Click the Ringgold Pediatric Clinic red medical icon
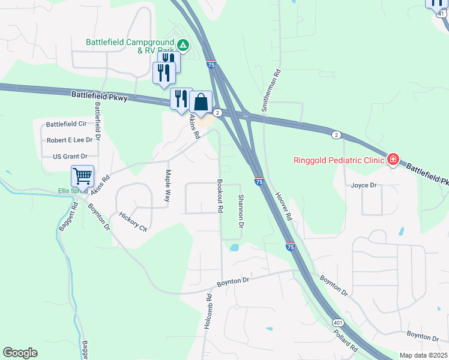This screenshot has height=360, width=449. pyautogui.click(x=393, y=159)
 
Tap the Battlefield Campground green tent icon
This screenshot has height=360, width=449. pyautogui.click(x=183, y=44)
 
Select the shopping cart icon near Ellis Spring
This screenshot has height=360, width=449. pyautogui.click(x=82, y=176)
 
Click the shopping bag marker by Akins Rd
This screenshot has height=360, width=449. pyautogui.click(x=202, y=103)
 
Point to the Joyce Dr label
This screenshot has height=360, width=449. pyautogui.click(x=364, y=185)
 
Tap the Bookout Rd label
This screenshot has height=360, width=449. pyautogui.click(x=220, y=197)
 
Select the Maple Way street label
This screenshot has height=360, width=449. pyautogui.click(x=169, y=187)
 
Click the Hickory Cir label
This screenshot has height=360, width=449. pyautogui.click(x=133, y=222)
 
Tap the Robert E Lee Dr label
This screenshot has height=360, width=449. pyautogui.click(x=70, y=140)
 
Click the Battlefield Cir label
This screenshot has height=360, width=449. pyautogui.click(x=67, y=124)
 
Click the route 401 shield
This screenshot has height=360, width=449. pyautogui.click(x=337, y=323)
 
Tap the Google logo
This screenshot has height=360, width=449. pyautogui.click(x=20, y=353)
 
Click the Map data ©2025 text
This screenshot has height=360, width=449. pyautogui.click(x=423, y=355)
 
